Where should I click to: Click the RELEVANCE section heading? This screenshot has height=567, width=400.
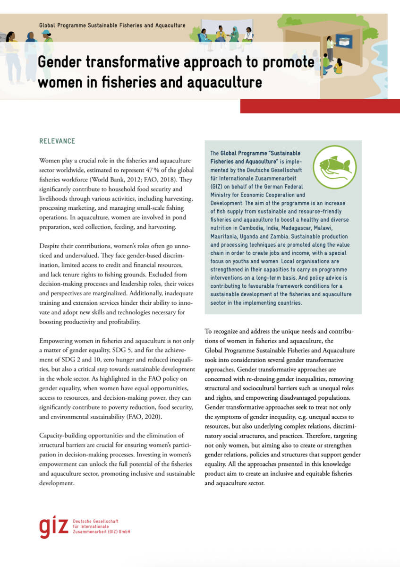(x=57, y=141)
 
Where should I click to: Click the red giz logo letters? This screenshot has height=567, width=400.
(x=54, y=526)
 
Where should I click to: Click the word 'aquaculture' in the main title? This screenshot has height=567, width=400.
(x=226, y=82)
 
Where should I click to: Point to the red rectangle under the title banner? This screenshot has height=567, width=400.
(x=320, y=106)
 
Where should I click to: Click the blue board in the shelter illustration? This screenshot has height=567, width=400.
(x=343, y=41)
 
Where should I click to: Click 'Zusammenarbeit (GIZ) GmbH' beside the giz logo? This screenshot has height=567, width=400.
(x=102, y=532)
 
